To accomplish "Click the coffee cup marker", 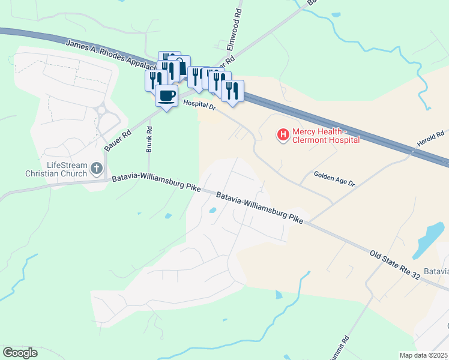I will (166, 95).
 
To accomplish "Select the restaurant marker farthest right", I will (232, 91).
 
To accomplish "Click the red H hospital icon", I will (283, 135).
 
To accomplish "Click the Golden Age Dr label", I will (334, 178).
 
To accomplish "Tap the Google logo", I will (20, 353).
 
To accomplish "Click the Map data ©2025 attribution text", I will (423, 355).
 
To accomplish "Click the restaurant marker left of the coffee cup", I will (153, 80).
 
